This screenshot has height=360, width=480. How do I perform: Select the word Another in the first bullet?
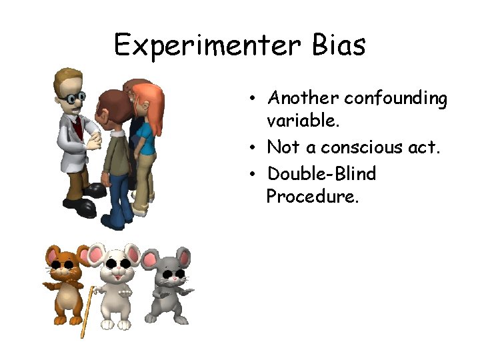coord(303,98)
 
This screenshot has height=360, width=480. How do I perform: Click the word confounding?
coord(396,99)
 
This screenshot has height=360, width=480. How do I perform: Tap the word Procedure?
coord(312,197)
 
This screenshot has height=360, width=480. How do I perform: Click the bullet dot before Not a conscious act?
coord(253,148)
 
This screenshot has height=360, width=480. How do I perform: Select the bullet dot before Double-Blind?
coord(253,175)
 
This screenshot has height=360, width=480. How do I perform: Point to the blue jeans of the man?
coord(120,197)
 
